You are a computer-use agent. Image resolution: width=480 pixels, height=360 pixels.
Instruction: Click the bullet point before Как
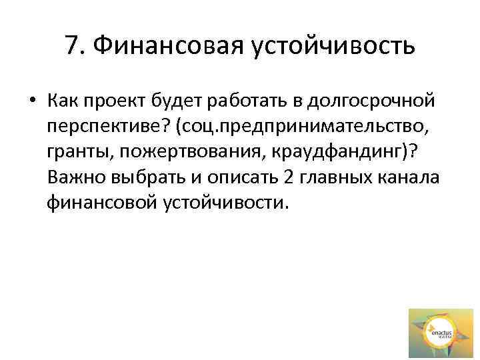pyautogui.click(x=32, y=101)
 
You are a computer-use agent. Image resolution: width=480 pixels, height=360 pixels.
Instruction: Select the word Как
pyautogui.click(x=63, y=101)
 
